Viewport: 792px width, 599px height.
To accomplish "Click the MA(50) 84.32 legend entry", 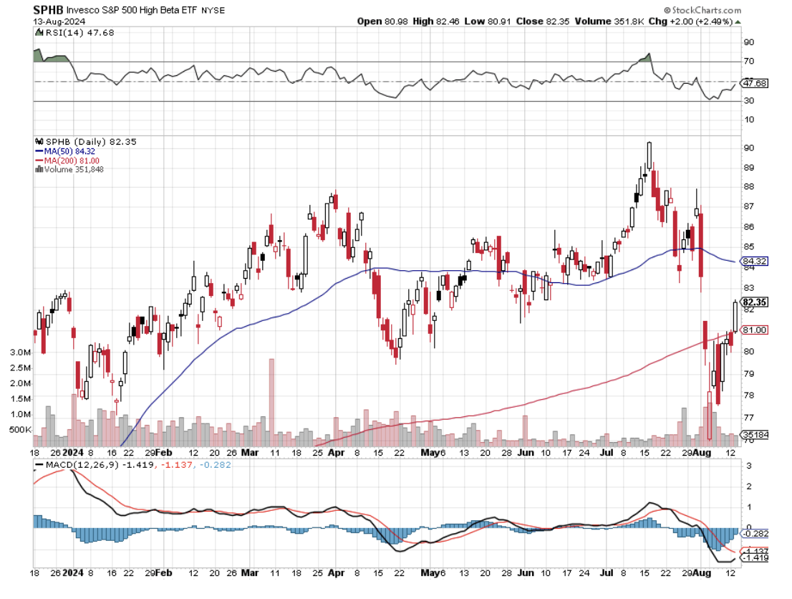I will tap(67, 151).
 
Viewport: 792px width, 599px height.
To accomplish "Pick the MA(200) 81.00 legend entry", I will tap(69, 160).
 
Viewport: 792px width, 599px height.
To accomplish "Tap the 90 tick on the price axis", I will tap(748, 148).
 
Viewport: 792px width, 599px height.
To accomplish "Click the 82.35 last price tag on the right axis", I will tap(755, 302).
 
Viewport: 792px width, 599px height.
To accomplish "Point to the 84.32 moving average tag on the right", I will tap(755, 262).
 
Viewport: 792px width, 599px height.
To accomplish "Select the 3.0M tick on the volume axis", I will tap(19, 353).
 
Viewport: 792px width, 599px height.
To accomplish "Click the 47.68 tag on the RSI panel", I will tap(755, 83).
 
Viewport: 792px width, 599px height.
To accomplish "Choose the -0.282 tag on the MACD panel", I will tap(757, 534).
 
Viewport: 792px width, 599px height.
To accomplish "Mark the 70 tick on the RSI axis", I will tap(748, 62).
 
